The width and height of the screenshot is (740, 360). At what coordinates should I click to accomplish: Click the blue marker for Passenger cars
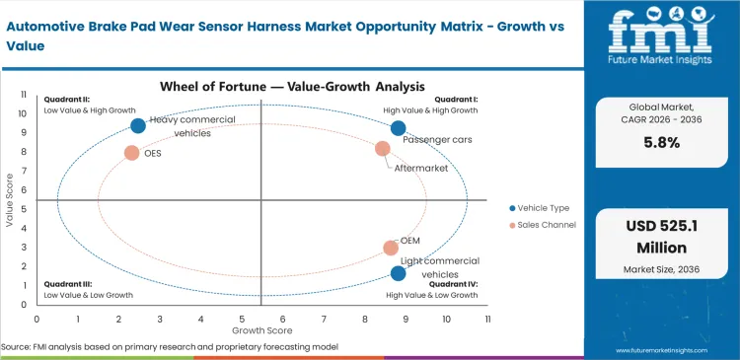[398, 128]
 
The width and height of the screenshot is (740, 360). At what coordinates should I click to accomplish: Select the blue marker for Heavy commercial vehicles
[138, 125]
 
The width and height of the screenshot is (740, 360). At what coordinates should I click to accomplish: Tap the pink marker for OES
[131, 153]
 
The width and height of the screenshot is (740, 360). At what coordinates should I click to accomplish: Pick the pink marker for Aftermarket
[383, 149]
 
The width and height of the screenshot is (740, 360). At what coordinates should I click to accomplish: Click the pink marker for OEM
[391, 249]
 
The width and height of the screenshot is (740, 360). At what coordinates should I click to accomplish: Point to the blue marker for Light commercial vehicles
[398, 273]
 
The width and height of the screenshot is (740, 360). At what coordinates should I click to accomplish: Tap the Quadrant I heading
[457, 99]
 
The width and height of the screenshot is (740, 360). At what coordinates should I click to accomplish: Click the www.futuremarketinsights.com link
[674, 349]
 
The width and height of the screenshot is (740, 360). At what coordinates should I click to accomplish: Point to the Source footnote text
[170, 347]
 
